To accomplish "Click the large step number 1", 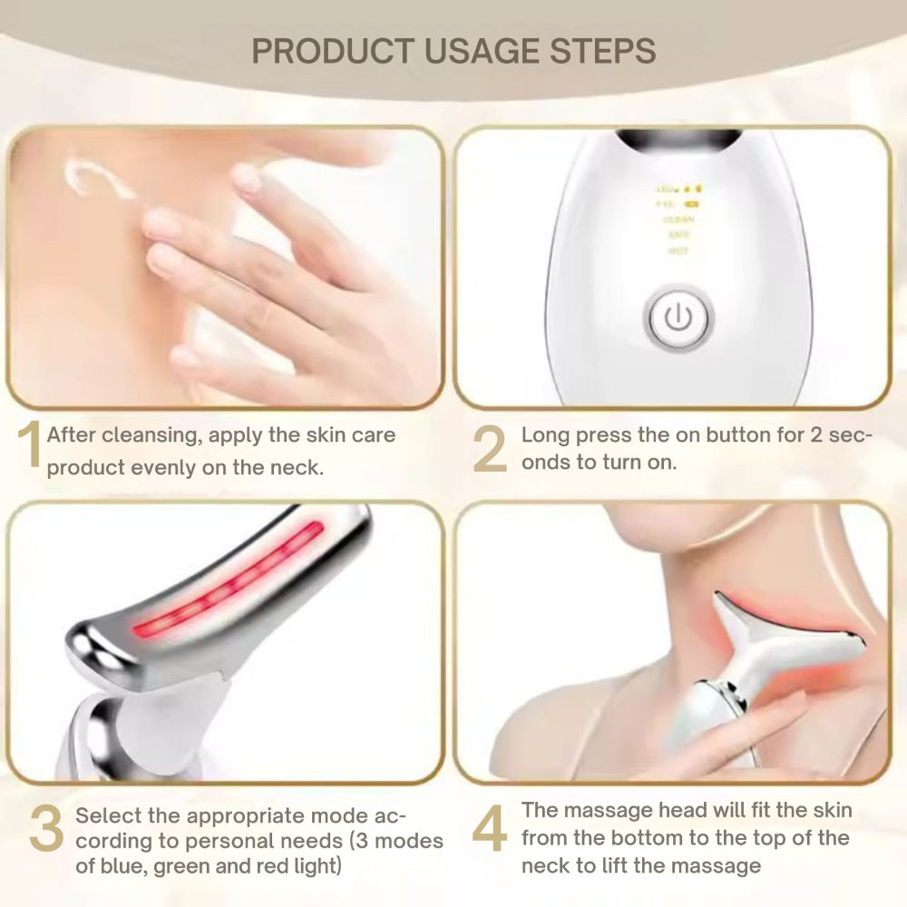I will [30, 447].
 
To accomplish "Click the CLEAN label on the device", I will [678, 219].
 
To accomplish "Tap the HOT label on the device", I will [678, 250].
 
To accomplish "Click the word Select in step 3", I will [104, 814].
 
